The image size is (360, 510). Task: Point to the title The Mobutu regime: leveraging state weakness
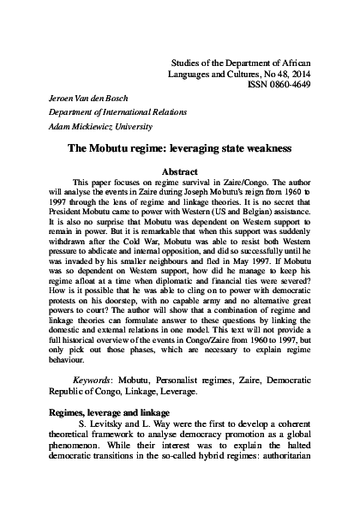tap(180, 171)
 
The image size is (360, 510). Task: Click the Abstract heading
tap(180, 195)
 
